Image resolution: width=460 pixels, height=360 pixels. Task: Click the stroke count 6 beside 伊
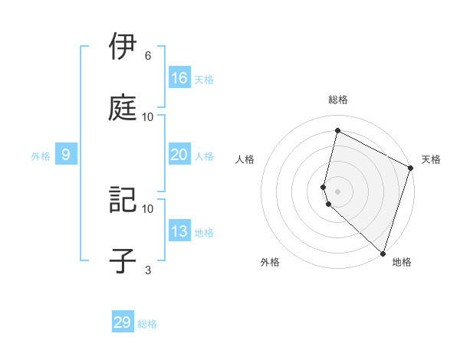click(x=148, y=56)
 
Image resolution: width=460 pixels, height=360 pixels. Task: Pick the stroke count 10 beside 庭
click(x=148, y=116)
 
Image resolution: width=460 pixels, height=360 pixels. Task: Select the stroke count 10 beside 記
click(x=148, y=208)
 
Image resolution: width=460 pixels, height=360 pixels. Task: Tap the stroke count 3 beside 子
click(x=148, y=270)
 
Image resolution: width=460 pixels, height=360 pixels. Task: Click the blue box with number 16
click(x=179, y=78)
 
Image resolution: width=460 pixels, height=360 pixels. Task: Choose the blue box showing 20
click(x=179, y=155)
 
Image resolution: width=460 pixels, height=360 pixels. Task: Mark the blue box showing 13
click(x=179, y=231)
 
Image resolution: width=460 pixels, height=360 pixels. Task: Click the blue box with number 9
click(x=66, y=155)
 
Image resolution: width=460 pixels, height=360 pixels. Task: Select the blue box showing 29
click(x=123, y=322)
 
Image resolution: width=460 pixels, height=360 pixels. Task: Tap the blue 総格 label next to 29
click(x=147, y=324)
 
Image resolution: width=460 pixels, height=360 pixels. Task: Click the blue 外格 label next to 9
click(x=41, y=156)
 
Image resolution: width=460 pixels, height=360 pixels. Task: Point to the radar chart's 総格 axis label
click(x=338, y=100)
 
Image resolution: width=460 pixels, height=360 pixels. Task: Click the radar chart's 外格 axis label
click(x=270, y=262)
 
